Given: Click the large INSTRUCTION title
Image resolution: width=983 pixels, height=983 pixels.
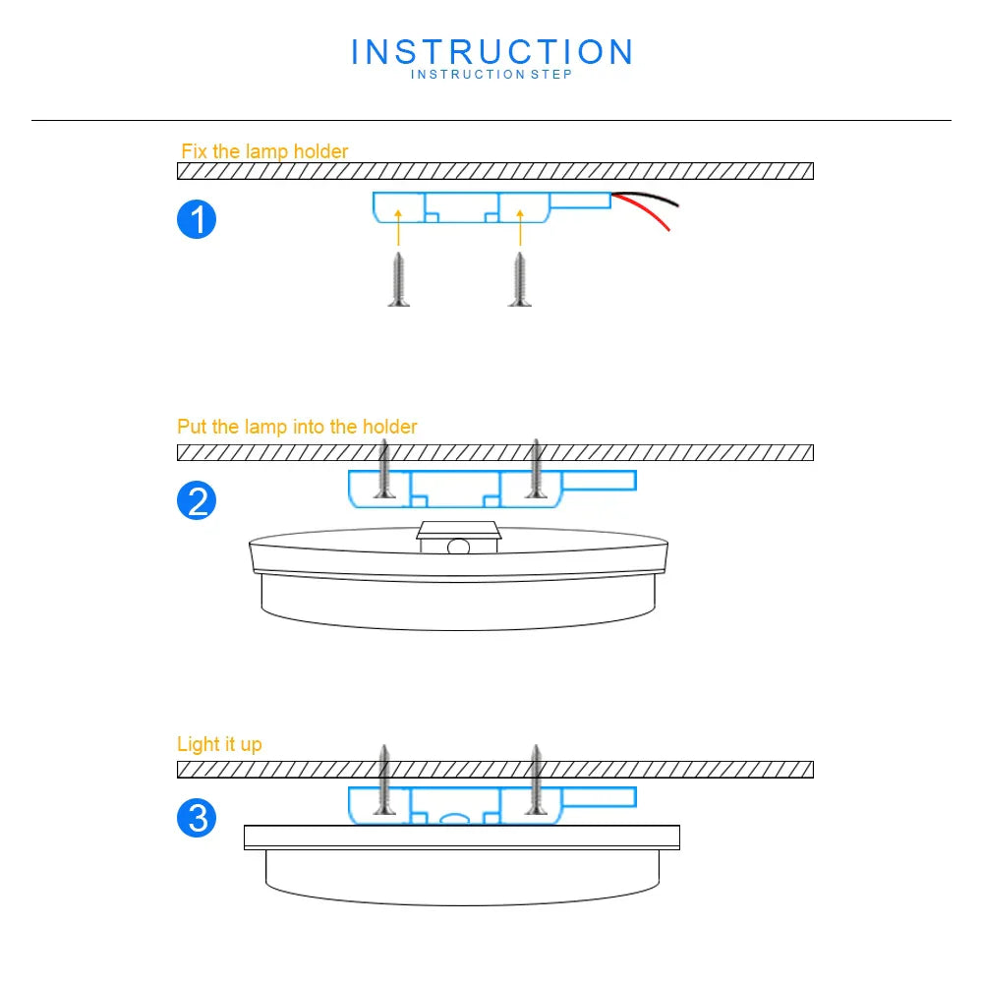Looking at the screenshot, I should pyautogui.click(x=491, y=52).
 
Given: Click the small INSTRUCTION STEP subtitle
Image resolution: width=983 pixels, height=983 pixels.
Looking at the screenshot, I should pyautogui.click(x=491, y=75).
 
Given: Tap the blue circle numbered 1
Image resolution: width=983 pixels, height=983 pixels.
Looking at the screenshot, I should pyautogui.click(x=197, y=219).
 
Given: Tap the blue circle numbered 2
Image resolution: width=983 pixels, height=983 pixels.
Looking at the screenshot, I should pyautogui.click(x=197, y=501).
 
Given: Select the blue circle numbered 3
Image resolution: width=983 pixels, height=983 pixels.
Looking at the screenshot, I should pyautogui.click(x=197, y=818).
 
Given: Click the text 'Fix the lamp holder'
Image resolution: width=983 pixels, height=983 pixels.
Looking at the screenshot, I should pyautogui.click(x=264, y=151).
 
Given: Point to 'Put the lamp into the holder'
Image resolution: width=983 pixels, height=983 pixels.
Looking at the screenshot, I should pyautogui.click(x=297, y=427).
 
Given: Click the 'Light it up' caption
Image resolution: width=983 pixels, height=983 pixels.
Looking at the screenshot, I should pyautogui.click(x=219, y=744).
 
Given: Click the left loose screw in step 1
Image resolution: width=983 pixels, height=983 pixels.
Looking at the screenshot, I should pyautogui.click(x=398, y=279).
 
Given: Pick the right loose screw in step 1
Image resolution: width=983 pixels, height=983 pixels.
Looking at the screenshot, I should pyautogui.click(x=519, y=279).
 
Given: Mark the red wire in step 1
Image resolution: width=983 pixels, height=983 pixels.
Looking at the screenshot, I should pyautogui.click(x=649, y=215).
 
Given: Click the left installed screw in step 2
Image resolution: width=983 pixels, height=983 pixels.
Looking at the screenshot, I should pyautogui.click(x=385, y=469).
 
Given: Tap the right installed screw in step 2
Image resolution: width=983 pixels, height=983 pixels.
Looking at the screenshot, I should pyautogui.click(x=536, y=469).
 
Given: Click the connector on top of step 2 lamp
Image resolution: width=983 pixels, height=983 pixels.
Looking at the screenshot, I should pyautogui.click(x=459, y=538).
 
